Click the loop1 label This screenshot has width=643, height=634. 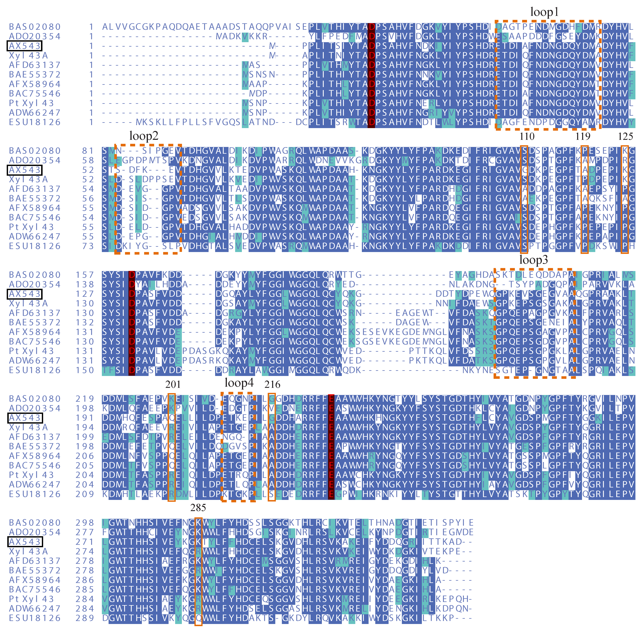(544, 12)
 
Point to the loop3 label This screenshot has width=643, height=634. (534, 260)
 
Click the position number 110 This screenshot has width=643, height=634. (527, 136)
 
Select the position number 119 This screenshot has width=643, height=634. (583, 136)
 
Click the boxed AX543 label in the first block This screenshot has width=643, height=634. (24, 46)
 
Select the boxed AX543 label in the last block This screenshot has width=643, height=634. (24, 542)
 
